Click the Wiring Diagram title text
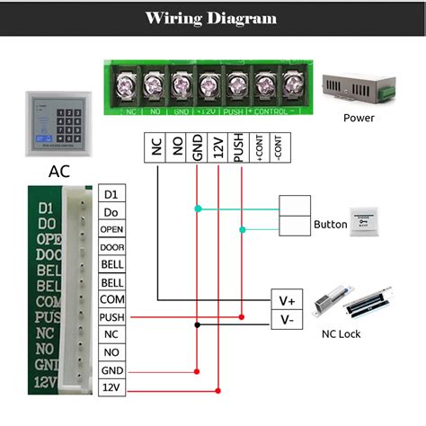pyautogui.click(x=212, y=18)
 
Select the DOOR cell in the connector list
pyautogui.click(x=111, y=247)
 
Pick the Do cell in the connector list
pyautogui.click(x=111, y=212)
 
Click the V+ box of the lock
pyautogui.click(x=288, y=300)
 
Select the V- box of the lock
pyautogui.click(x=288, y=319)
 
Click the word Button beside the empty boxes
pyautogui.click(x=330, y=225)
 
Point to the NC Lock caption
pyautogui.click(x=342, y=333)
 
